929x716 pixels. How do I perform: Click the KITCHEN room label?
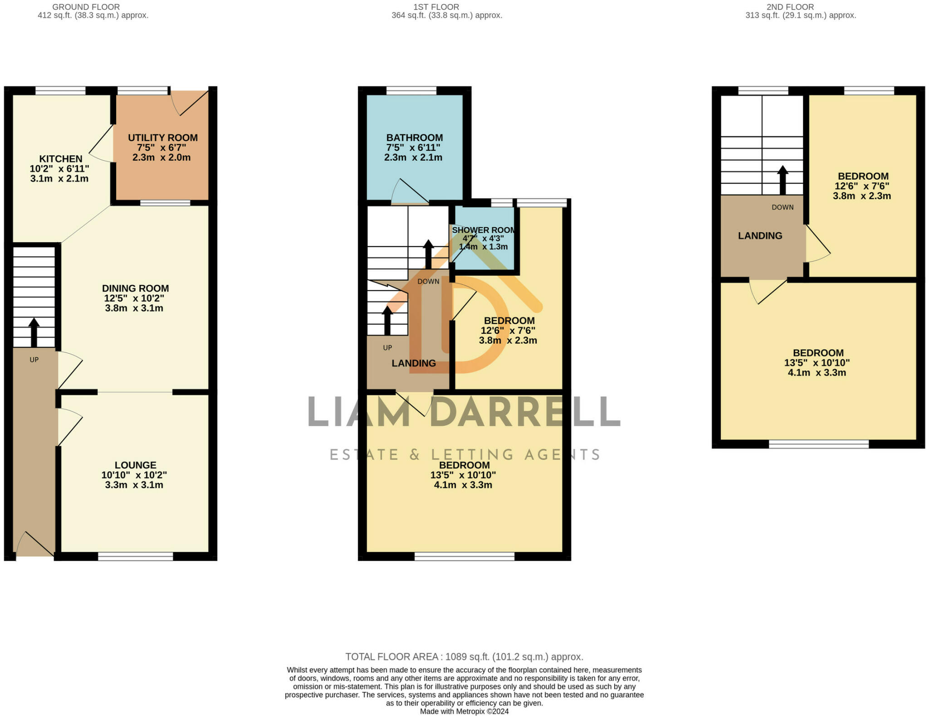[x=61, y=159]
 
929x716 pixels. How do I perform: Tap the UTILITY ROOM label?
[x=162, y=138]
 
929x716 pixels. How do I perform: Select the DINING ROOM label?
[x=135, y=288]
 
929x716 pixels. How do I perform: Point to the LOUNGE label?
[x=135, y=465]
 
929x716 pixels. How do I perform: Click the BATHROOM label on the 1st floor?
[x=414, y=138]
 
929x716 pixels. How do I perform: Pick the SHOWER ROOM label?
[x=484, y=230]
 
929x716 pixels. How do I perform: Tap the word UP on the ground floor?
[x=34, y=360]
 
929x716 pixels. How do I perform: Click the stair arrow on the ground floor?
[x=34, y=332]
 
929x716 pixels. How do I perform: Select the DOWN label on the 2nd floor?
[x=782, y=207]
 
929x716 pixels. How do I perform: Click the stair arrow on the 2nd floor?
[x=782, y=180]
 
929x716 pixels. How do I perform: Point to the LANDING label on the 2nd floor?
[x=760, y=236]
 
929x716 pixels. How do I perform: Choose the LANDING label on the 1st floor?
[x=414, y=363]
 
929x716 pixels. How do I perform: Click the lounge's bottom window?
[x=136, y=556]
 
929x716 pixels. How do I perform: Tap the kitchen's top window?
[x=60, y=91]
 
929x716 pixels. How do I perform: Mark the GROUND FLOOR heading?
[x=86, y=7]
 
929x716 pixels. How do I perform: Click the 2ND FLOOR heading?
[x=790, y=7]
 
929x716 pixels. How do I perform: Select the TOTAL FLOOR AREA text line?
[x=464, y=657]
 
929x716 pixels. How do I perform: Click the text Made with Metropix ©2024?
[x=464, y=711]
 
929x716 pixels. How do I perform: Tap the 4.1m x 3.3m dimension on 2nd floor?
[x=817, y=373]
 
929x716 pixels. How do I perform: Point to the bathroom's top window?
[x=411, y=91]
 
